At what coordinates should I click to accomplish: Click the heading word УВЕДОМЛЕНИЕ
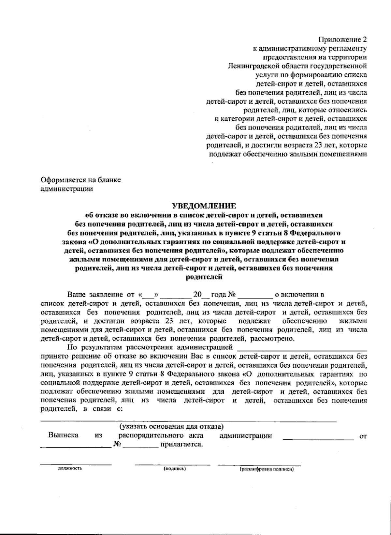[204, 206]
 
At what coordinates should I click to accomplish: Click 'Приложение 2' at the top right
[342, 40]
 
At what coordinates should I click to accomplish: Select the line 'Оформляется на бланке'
[80, 180]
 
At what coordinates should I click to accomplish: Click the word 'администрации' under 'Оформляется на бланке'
[66, 189]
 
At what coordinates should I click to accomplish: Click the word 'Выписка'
[63, 435]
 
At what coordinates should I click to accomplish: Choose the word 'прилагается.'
[181, 444]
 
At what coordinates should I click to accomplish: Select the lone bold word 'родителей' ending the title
[204, 277]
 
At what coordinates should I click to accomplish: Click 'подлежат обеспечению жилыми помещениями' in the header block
[288, 154]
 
